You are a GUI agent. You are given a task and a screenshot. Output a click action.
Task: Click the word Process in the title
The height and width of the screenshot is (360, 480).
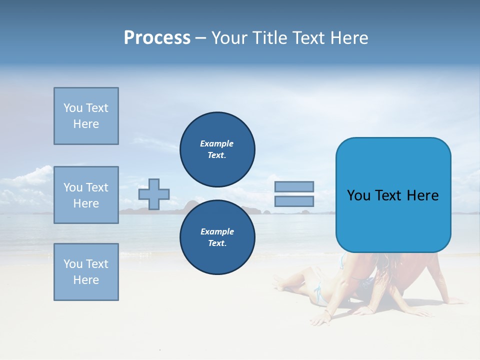coord(157,38)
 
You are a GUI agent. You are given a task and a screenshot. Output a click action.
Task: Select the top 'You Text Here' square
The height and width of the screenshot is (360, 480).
coord(86,116)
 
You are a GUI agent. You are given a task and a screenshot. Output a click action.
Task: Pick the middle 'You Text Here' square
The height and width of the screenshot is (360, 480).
coord(86,195)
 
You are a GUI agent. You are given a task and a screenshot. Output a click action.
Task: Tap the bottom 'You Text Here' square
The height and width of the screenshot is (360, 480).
coord(86,272)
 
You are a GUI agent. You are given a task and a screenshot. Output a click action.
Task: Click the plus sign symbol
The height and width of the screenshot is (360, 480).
coord(154,194)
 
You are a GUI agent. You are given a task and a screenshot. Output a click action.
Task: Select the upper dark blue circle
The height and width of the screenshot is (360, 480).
coord(217,149)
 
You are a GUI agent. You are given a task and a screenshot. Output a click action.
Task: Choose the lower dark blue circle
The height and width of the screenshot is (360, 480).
coord(217,237)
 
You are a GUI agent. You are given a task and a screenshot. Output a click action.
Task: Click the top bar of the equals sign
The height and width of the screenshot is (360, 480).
coord(294,186)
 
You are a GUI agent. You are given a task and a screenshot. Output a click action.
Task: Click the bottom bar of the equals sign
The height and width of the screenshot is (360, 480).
coord(294,201)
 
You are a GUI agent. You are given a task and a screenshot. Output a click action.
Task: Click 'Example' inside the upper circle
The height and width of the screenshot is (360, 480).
coord(217,143)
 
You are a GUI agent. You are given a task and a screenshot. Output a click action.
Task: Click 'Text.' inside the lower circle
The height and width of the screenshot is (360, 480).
coord(217,243)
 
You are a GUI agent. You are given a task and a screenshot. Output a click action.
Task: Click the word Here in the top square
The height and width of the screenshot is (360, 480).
coord(86,124)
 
